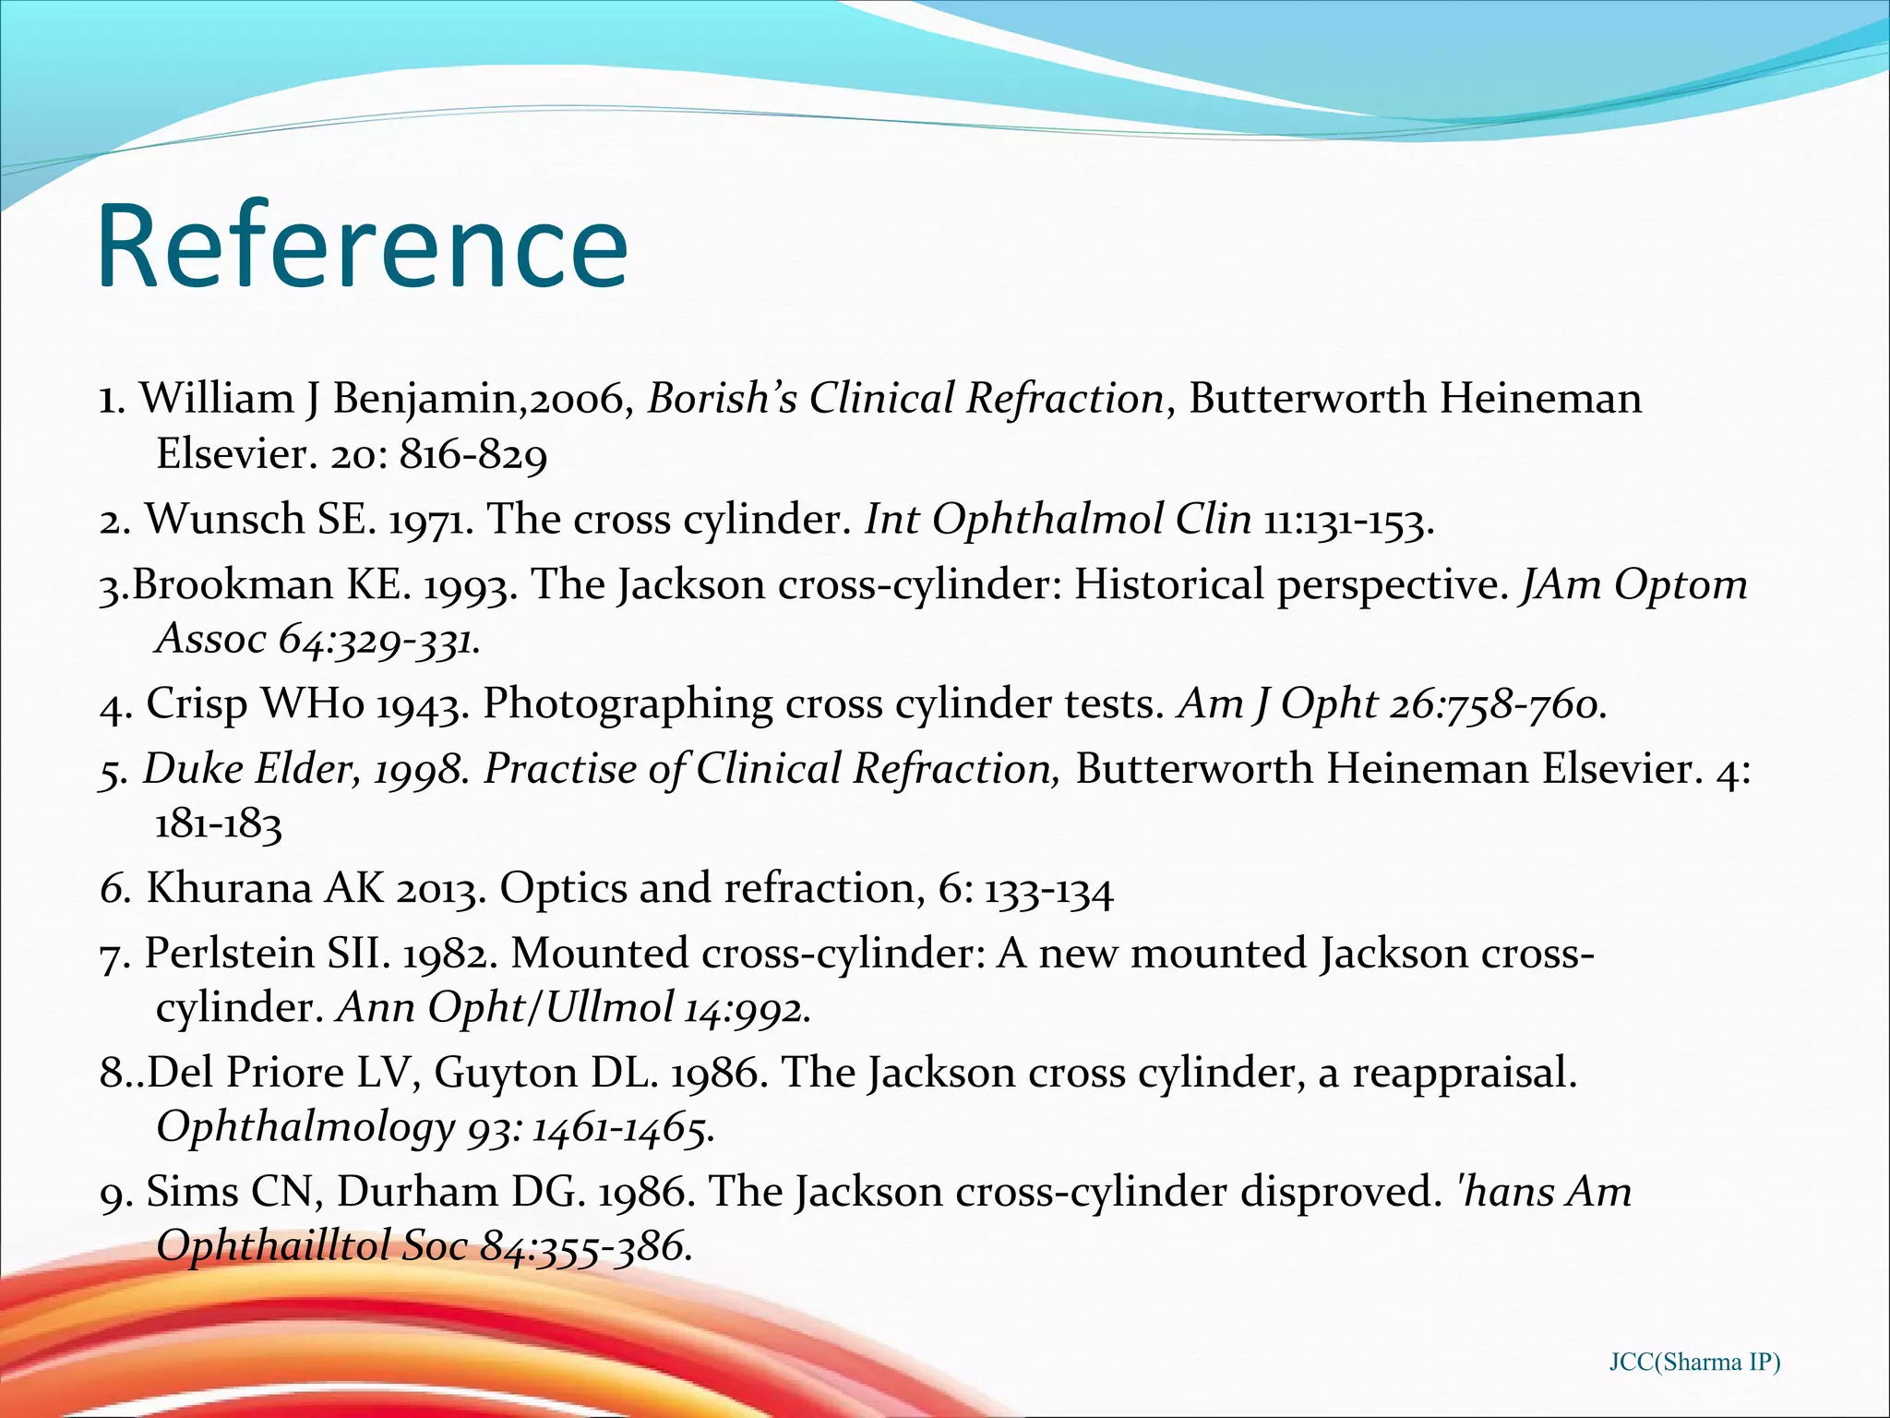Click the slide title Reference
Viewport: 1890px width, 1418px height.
[x=362, y=246]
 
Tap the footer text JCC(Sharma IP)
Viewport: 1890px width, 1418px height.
[x=1694, y=1362]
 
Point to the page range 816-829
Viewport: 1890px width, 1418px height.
[x=472, y=454]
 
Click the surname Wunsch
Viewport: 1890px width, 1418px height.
[x=224, y=519]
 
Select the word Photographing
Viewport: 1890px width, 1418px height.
[x=628, y=703]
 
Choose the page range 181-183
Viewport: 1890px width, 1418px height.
[x=218, y=823]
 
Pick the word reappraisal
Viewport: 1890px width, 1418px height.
[x=1465, y=1073]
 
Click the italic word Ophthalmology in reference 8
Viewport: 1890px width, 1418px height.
[x=305, y=1127]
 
